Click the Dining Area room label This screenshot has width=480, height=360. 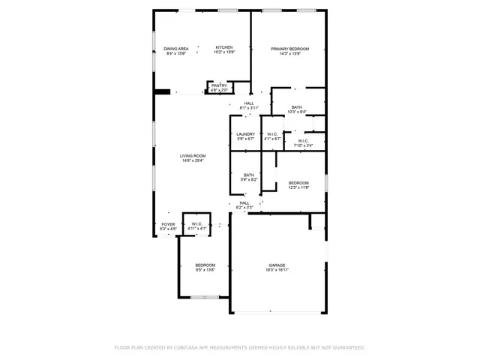(x=176, y=49)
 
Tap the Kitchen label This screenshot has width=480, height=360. (x=224, y=48)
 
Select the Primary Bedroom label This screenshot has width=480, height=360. (x=289, y=49)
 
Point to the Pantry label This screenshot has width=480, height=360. (x=219, y=85)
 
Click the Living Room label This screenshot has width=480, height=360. (x=193, y=156)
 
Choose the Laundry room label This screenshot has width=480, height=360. (x=246, y=134)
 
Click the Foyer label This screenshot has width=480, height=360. (x=168, y=223)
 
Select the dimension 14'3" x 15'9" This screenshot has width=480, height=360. (x=289, y=53)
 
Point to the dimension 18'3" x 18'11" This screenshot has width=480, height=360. (x=277, y=270)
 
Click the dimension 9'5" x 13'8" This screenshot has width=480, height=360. (x=205, y=270)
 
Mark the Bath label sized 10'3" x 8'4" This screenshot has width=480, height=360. (x=298, y=107)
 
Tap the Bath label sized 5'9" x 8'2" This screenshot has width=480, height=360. (x=248, y=175)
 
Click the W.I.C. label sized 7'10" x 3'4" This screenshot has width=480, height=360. (x=303, y=140)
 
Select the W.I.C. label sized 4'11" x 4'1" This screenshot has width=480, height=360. (x=196, y=223)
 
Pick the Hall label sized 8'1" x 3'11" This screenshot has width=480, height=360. (x=248, y=103)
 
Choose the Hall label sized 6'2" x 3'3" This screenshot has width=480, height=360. (x=244, y=202)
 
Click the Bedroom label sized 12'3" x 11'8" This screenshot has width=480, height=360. (x=298, y=183)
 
